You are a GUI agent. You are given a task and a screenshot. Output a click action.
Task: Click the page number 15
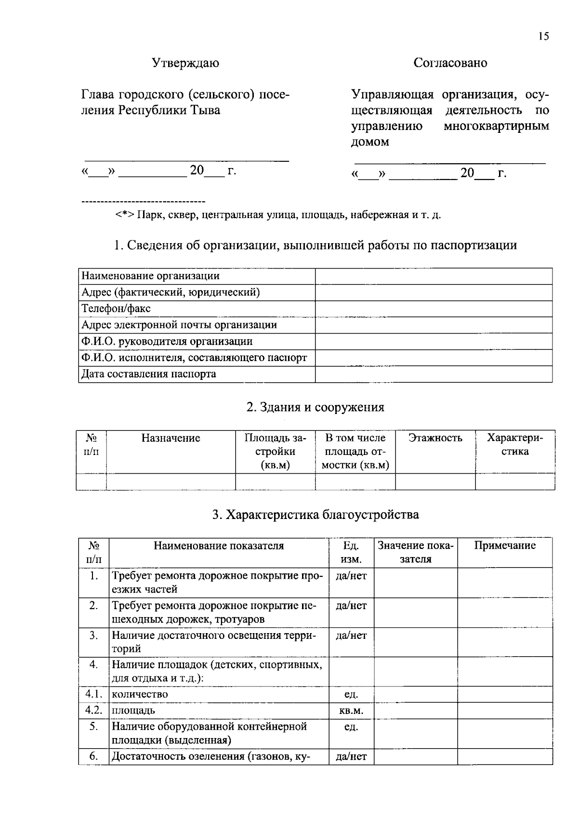[543, 37]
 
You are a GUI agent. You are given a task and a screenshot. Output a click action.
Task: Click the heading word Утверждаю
[185, 63]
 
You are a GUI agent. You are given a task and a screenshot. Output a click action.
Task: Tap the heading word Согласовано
[450, 63]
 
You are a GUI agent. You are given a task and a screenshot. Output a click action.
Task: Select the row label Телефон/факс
[116, 309]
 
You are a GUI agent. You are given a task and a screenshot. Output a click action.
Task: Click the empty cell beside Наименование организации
[433, 276]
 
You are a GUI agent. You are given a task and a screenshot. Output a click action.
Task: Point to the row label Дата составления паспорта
[149, 374]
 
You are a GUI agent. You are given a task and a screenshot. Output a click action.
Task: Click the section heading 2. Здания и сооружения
[315, 407]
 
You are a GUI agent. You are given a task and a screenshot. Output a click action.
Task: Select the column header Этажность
[435, 438]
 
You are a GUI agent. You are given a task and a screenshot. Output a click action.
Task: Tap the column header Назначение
[171, 438]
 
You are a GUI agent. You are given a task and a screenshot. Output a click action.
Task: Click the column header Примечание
[504, 545]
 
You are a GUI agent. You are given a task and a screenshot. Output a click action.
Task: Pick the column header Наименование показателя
[219, 545]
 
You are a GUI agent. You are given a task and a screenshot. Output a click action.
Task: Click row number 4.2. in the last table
[94, 711]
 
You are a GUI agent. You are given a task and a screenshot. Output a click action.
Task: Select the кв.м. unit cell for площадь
[351, 711]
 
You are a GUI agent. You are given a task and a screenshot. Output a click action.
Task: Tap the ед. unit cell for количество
[351, 694]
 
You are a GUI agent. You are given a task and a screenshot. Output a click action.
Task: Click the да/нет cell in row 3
[351, 635]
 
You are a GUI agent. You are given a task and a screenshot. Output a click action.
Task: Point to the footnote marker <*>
[125, 215]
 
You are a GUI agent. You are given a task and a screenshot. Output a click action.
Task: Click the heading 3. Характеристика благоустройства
[315, 515]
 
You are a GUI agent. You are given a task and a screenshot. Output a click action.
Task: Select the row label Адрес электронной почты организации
[179, 325]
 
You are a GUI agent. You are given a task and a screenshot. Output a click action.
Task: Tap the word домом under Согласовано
[369, 142]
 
